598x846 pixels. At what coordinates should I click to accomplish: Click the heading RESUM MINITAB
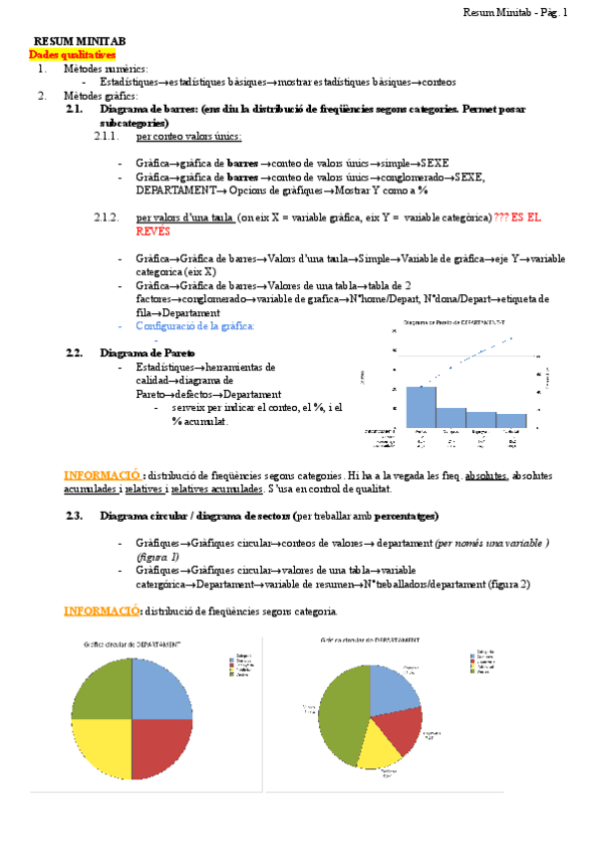[x=81, y=43]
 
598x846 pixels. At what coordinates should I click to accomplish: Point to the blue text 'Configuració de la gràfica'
[x=195, y=326]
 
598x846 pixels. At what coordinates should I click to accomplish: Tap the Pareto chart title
[x=453, y=322]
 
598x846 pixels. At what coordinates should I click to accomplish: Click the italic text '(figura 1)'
[x=158, y=556]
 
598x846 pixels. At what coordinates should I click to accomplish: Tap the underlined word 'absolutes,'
[x=488, y=476]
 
